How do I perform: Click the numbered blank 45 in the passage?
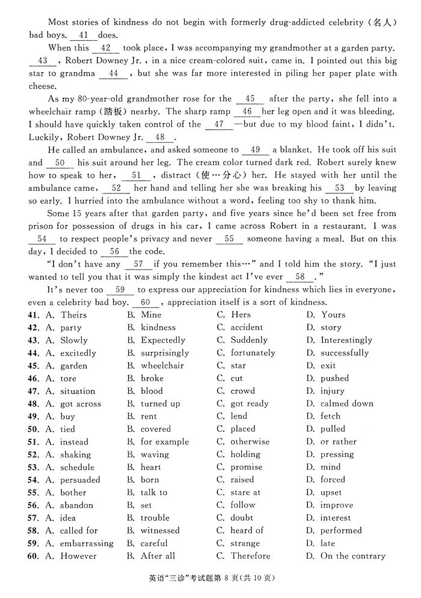(x=250, y=99)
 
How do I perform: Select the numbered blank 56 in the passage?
(x=114, y=252)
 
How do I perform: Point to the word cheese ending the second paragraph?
(x=42, y=86)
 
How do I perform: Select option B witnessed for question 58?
(x=160, y=531)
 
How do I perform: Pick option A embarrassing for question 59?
(x=86, y=543)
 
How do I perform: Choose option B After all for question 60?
(x=158, y=556)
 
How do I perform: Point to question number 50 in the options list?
(x=33, y=429)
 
